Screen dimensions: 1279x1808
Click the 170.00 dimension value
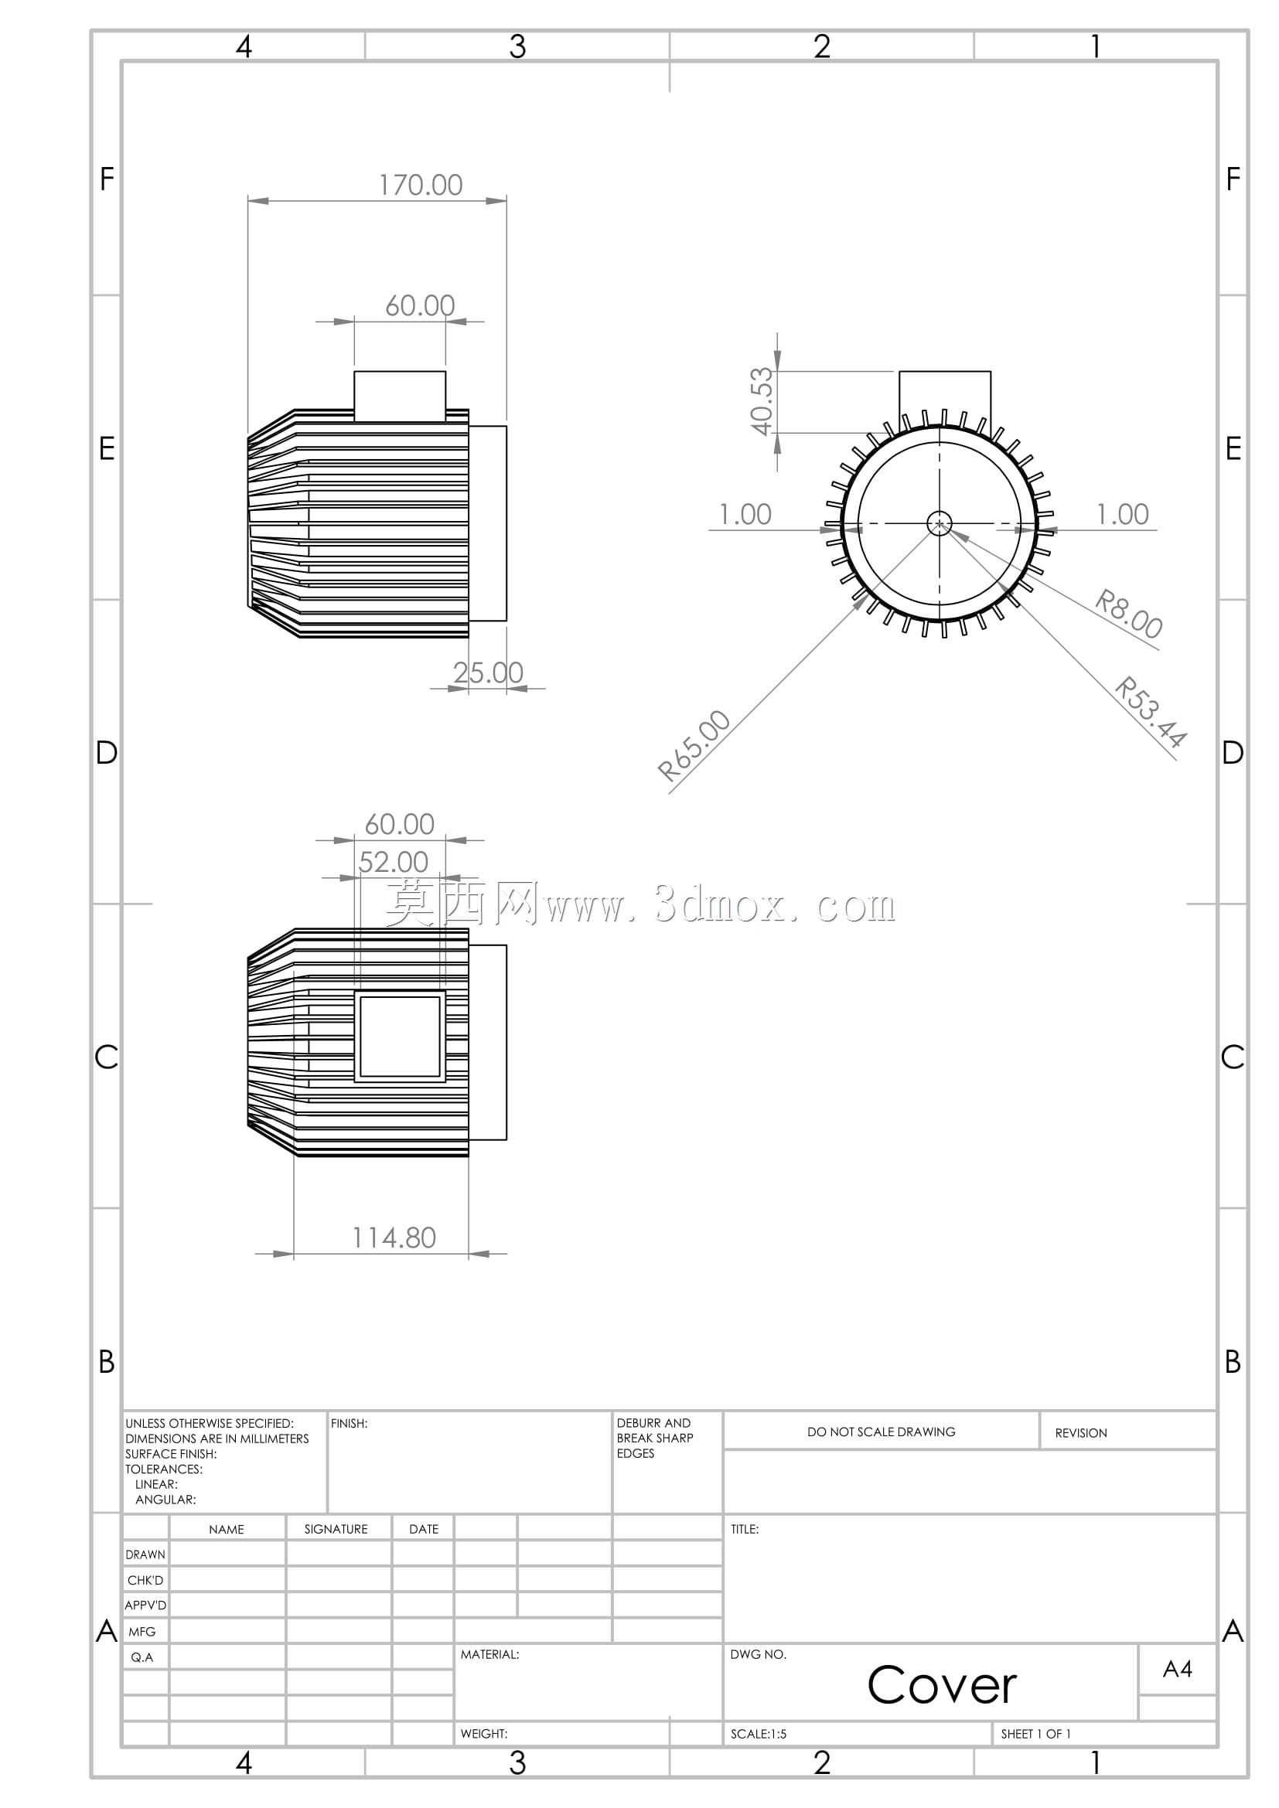click(x=421, y=185)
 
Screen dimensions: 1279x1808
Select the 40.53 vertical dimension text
click(x=762, y=402)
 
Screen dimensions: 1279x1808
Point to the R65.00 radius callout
click(x=694, y=746)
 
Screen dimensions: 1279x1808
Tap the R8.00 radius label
click(x=1128, y=615)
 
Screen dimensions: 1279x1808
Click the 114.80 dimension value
click(x=394, y=1238)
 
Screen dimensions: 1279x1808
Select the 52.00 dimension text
click(x=393, y=863)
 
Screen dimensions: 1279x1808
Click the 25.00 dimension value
click(x=488, y=672)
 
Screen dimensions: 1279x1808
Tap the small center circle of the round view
click(x=939, y=523)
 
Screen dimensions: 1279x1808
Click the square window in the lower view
click(x=400, y=1037)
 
